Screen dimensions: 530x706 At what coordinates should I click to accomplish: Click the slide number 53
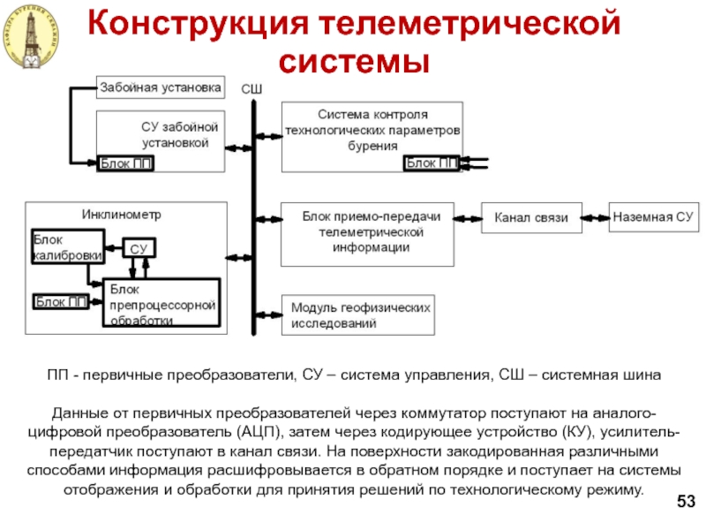[x=686, y=503]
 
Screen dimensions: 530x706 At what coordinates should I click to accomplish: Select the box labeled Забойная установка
[x=157, y=87]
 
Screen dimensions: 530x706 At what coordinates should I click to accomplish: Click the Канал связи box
[x=531, y=216]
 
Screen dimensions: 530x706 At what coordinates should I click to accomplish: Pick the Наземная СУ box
[x=654, y=216]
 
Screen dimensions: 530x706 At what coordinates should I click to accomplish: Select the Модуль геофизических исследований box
[x=357, y=315]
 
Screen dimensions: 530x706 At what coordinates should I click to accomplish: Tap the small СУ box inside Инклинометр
[x=139, y=248]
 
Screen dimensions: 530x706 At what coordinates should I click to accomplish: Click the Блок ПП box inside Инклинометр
[x=62, y=302]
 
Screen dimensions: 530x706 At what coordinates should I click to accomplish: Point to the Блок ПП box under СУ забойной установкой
[x=125, y=163]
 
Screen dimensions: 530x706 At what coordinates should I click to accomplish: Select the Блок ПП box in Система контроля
[x=431, y=163]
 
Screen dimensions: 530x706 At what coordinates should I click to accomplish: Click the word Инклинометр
[x=122, y=215]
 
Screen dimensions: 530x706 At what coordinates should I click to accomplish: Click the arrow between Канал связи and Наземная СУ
[x=596, y=216]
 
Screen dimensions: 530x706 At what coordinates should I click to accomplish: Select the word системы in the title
[x=353, y=62]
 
